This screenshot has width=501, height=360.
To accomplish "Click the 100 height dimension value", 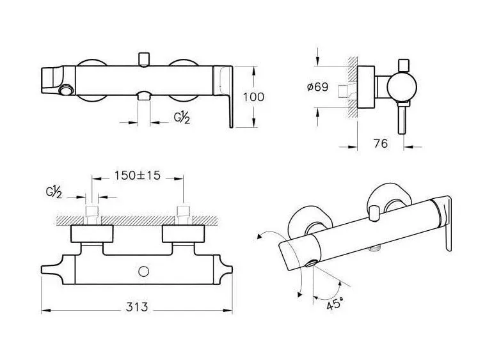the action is pyautogui.click(x=253, y=97).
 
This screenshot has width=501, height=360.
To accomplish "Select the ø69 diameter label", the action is pyautogui.click(x=317, y=87).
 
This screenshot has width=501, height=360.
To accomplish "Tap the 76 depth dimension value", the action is pyautogui.click(x=381, y=144).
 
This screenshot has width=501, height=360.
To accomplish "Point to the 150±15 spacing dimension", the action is pyautogui.click(x=138, y=175).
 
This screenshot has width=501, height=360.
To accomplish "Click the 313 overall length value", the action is pyautogui.click(x=137, y=307).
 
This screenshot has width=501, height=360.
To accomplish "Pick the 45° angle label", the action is pyautogui.click(x=335, y=303).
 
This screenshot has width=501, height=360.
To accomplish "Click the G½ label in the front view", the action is pyautogui.click(x=182, y=118).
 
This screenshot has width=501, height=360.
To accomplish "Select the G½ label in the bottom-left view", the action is pyautogui.click(x=54, y=192).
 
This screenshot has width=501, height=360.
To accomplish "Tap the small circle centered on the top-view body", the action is pyautogui.click(x=144, y=272).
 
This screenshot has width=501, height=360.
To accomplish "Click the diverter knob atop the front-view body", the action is pyautogui.click(x=144, y=59).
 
